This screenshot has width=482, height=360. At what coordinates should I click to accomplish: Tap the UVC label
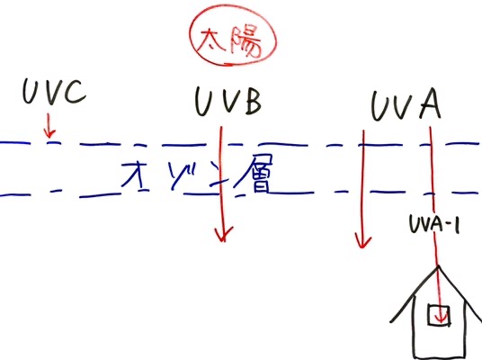click(x=54, y=92)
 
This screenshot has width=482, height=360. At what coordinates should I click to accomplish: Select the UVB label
click(x=228, y=101)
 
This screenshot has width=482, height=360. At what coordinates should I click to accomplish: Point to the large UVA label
click(x=406, y=104)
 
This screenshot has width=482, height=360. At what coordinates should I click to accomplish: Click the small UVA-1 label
click(x=434, y=224)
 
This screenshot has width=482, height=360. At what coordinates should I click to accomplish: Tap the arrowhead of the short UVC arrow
click(x=49, y=134)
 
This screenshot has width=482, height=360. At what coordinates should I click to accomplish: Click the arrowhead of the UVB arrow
click(x=224, y=236)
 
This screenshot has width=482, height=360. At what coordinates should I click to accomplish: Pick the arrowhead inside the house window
click(x=442, y=319)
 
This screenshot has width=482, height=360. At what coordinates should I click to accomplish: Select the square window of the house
click(x=439, y=314)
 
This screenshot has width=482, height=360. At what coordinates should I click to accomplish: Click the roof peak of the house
click(x=438, y=266)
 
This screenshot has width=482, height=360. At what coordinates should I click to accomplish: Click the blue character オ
click(x=134, y=175)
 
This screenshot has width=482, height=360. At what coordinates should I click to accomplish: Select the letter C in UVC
click(x=75, y=92)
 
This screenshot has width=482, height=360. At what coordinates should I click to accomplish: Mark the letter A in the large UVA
click(x=431, y=103)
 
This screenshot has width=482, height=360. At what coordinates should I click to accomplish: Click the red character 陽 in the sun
click(x=245, y=43)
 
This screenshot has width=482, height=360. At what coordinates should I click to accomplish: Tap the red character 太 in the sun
click(x=210, y=42)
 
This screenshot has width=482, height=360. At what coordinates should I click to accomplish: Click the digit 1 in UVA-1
click(x=457, y=225)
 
